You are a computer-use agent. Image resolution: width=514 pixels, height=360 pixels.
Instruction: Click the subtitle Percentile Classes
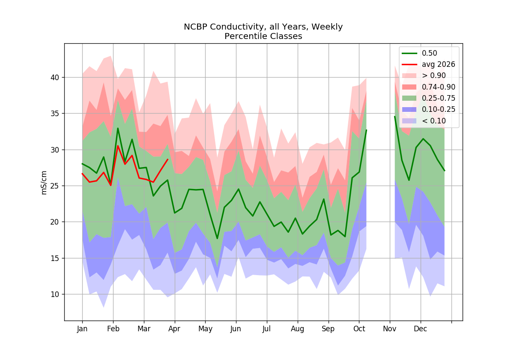(x=263, y=36)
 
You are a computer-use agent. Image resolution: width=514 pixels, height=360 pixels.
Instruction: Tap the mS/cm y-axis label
(x=44, y=183)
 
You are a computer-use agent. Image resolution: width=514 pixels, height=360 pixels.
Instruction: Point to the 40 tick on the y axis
(x=55, y=78)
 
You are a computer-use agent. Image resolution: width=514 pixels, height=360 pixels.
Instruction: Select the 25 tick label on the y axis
(x=55, y=186)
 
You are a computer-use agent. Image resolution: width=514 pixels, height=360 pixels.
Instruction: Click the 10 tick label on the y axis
(x=55, y=294)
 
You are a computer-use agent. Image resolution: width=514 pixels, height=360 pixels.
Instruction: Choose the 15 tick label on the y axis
(x=55, y=258)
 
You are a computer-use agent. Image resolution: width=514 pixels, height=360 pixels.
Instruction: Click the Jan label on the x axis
(x=82, y=329)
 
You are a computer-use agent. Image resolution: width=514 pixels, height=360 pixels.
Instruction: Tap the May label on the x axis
(x=205, y=329)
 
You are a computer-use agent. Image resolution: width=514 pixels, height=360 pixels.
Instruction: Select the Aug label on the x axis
(x=298, y=329)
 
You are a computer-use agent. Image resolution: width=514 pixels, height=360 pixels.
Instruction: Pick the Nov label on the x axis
(x=390, y=329)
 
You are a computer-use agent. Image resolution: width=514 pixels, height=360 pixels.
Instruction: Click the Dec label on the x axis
(x=420, y=329)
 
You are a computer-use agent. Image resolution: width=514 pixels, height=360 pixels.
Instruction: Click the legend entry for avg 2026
(x=428, y=65)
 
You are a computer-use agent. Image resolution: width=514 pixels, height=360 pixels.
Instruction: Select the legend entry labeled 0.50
(x=419, y=53)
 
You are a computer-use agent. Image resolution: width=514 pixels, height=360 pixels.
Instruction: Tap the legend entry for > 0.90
(x=424, y=75)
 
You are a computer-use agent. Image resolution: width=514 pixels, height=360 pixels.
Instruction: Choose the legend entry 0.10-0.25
(x=428, y=110)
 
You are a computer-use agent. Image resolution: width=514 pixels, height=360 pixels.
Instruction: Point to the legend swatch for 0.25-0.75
(x=409, y=98)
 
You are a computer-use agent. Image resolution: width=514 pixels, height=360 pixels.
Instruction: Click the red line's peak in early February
(x=118, y=146)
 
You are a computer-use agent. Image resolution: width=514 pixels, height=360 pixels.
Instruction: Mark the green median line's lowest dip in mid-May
(x=217, y=239)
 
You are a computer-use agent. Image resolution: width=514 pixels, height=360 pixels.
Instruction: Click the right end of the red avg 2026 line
(x=168, y=159)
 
